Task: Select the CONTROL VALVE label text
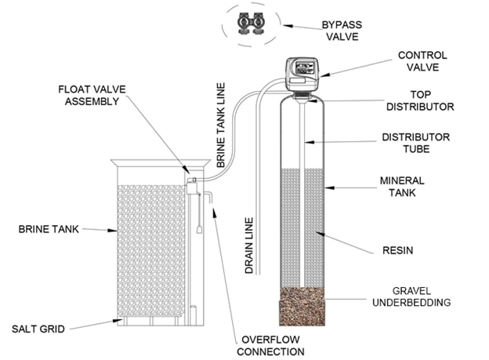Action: (423, 62)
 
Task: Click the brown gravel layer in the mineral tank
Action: (302, 307)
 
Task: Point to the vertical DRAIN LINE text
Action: (249, 244)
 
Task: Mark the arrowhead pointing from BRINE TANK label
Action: (114, 231)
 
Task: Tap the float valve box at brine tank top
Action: (191, 181)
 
